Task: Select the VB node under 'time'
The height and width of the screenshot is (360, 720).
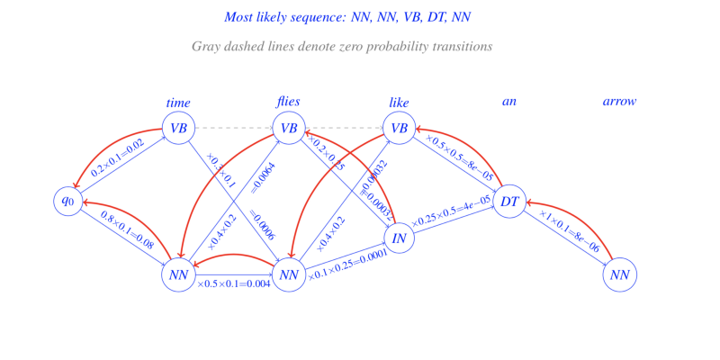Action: pos(178,129)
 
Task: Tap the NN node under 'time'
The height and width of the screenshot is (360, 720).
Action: pos(178,274)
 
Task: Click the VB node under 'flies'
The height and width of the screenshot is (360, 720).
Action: pos(289,129)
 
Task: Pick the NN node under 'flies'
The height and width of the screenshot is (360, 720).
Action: pos(289,274)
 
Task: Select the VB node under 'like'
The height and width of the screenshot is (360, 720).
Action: pos(399,129)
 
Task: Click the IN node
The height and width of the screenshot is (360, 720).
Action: pos(399,238)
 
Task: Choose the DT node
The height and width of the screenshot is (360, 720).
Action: pos(509,201)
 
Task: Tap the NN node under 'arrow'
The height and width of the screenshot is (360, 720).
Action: pos(619,274)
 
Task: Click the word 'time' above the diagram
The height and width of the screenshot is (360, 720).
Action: pos(178,103)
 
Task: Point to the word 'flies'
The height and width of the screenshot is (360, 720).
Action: pos(288,101)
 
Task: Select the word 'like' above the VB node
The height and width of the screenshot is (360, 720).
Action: pos(399,103)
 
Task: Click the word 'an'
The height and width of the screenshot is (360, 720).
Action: pos(509,102)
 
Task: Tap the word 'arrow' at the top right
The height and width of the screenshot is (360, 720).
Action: pos(619,102)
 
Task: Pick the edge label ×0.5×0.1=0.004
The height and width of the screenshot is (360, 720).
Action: pos(235,285)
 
